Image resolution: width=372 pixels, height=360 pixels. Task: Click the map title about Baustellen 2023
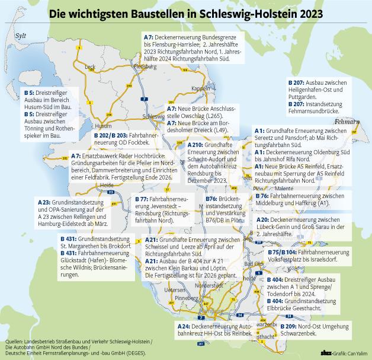pyautogui.click(x=185, y=12)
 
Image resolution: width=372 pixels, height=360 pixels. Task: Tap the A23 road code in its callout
pyautogui.click(x=44, y=202)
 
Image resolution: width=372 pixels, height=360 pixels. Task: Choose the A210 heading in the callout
pyautogui.click(x=195, y=144)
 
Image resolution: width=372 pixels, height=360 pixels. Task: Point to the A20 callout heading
pyautogui.click(x=263, y=219)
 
